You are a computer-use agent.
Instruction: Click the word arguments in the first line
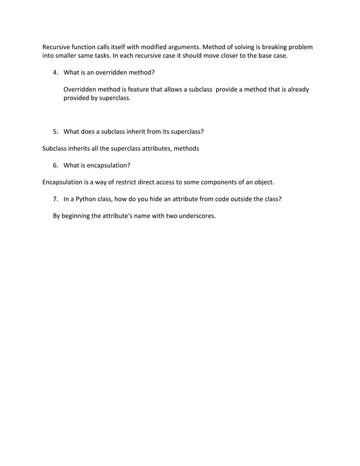coord(181,47)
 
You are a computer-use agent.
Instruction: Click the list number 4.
coord(55,73)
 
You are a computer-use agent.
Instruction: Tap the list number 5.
coord(55,131)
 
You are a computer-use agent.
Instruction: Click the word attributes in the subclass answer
coord(152,148)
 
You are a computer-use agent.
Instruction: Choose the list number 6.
coord(55,165)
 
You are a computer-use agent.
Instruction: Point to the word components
coord(212,182)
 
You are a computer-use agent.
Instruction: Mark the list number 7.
coord(55,199)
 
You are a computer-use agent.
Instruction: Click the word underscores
coord(197,216)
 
